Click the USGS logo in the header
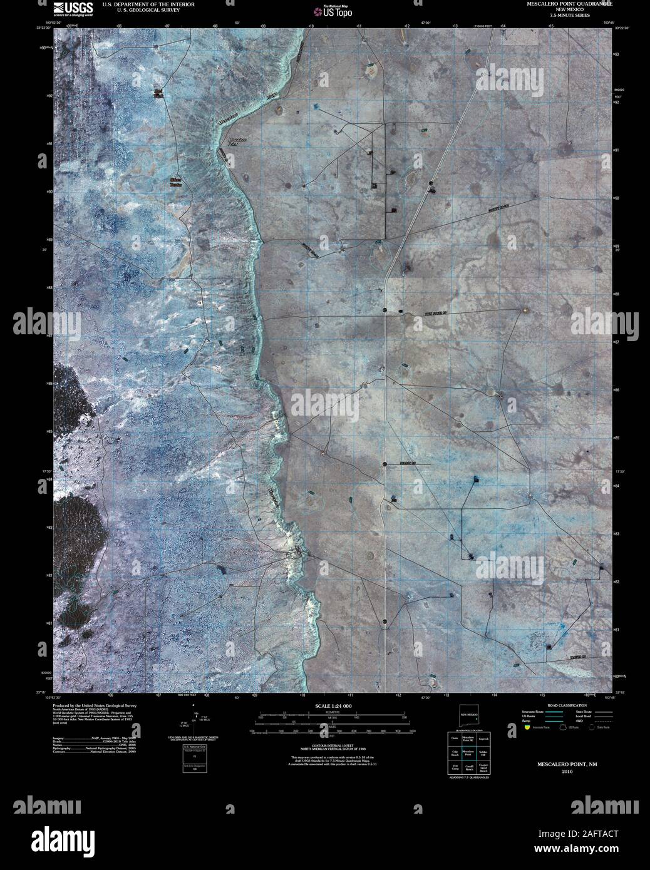73,8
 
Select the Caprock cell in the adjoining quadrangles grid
483,739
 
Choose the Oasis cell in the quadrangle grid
455,739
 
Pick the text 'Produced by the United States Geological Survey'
95,705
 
